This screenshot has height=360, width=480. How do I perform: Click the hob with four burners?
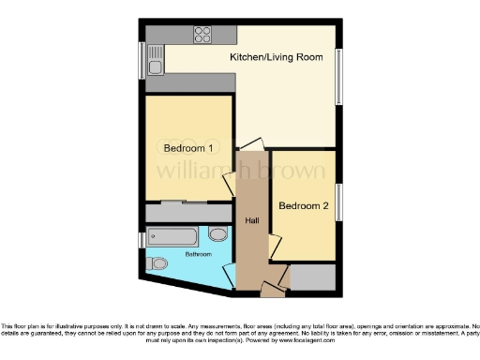pyautogui.click(x=202, y=35)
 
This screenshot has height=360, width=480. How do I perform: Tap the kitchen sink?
pyautogui.click(x=155, y=63)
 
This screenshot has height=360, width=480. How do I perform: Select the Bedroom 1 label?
pyautogui.click(x=188, y=148)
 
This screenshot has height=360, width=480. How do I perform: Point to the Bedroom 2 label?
pyautogui.click(x=303, y=205)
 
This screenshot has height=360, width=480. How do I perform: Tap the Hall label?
pyautogui.click(x=251, y=220)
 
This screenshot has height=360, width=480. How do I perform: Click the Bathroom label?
pyautogui.click(x=197, y=254)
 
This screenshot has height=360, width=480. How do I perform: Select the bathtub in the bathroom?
pyautogui.click(x=172, y=235)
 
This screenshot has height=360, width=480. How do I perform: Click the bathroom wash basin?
pyautogui.click(x=218, y=234)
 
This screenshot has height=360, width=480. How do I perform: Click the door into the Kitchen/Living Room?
pyautogui.click(x=247, y=144)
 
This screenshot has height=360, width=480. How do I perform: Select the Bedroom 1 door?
pyautogui.click(x=228, y=185)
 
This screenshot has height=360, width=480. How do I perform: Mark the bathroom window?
pyautogui.click(x=142, y=240)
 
